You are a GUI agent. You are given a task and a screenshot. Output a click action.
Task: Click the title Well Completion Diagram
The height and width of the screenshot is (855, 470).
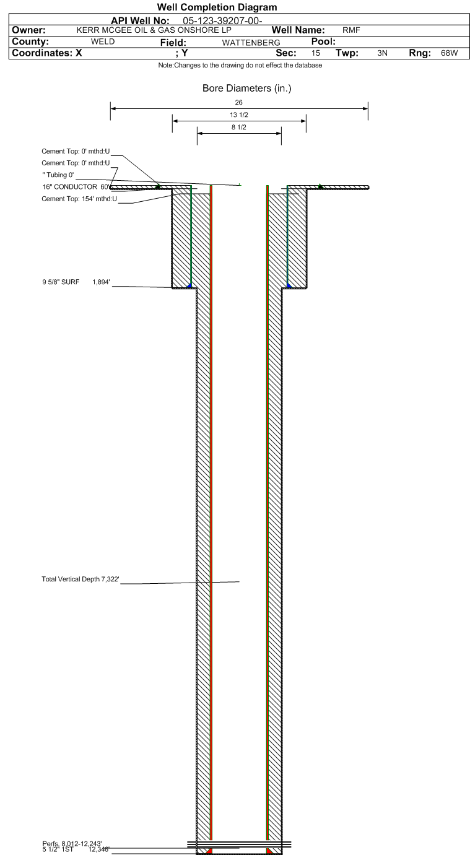217,7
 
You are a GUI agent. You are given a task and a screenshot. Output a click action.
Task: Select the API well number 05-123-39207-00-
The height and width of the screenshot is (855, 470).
222,21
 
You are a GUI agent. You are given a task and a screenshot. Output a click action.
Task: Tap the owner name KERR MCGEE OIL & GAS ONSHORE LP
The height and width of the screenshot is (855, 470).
154,30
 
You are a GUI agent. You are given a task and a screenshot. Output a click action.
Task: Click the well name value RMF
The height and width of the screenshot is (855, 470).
351,30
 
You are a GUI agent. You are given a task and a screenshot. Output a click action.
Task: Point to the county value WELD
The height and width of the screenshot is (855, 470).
103,41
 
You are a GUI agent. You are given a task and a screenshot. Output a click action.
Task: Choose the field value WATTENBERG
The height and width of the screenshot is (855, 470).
251,43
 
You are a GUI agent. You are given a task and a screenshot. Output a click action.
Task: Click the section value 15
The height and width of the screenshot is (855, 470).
316,53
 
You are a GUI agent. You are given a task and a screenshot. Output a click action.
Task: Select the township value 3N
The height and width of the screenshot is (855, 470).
382,53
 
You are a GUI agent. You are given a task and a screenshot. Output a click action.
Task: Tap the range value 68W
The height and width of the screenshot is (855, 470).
450,53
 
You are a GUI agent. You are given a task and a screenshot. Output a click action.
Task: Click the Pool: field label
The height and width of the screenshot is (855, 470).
323,41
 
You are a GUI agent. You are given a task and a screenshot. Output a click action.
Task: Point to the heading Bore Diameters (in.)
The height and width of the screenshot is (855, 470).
246,88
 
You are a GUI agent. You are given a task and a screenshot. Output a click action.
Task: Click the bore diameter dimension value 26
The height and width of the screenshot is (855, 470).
238,102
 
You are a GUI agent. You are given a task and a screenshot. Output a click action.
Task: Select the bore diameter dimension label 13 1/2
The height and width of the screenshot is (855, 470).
239,115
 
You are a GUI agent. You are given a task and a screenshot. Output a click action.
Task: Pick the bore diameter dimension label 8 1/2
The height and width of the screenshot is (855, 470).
239,127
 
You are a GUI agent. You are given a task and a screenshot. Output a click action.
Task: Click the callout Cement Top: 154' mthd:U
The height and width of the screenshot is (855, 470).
79,199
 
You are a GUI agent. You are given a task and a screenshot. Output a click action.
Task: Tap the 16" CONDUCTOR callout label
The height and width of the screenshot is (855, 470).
70,186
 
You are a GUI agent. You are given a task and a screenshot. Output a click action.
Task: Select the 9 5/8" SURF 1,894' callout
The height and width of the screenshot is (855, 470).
76,282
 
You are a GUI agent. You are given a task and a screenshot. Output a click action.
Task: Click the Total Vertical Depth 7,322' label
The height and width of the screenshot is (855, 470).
81,579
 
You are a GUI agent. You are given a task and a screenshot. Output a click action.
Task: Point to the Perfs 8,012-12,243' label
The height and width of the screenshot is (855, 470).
72,844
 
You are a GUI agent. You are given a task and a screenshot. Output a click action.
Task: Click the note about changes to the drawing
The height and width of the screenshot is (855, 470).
240,65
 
